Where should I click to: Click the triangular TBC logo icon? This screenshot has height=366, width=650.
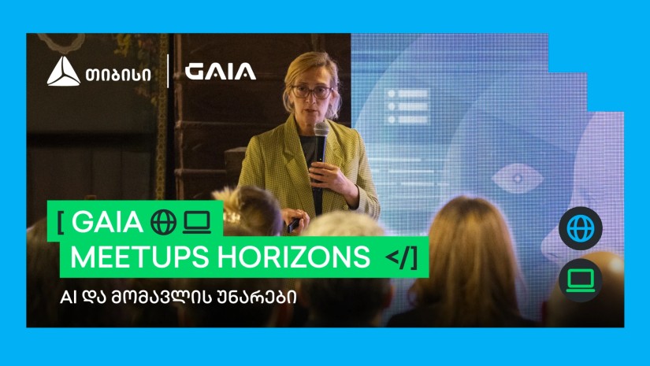pos(63,72)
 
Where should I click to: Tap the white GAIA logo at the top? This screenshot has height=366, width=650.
pos(221,72)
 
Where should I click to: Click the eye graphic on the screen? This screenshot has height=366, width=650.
pos(516,175)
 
